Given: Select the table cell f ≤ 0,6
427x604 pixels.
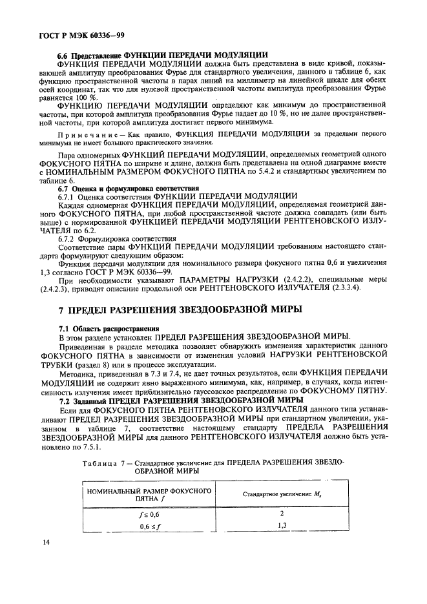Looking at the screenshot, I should coord(149,515).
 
